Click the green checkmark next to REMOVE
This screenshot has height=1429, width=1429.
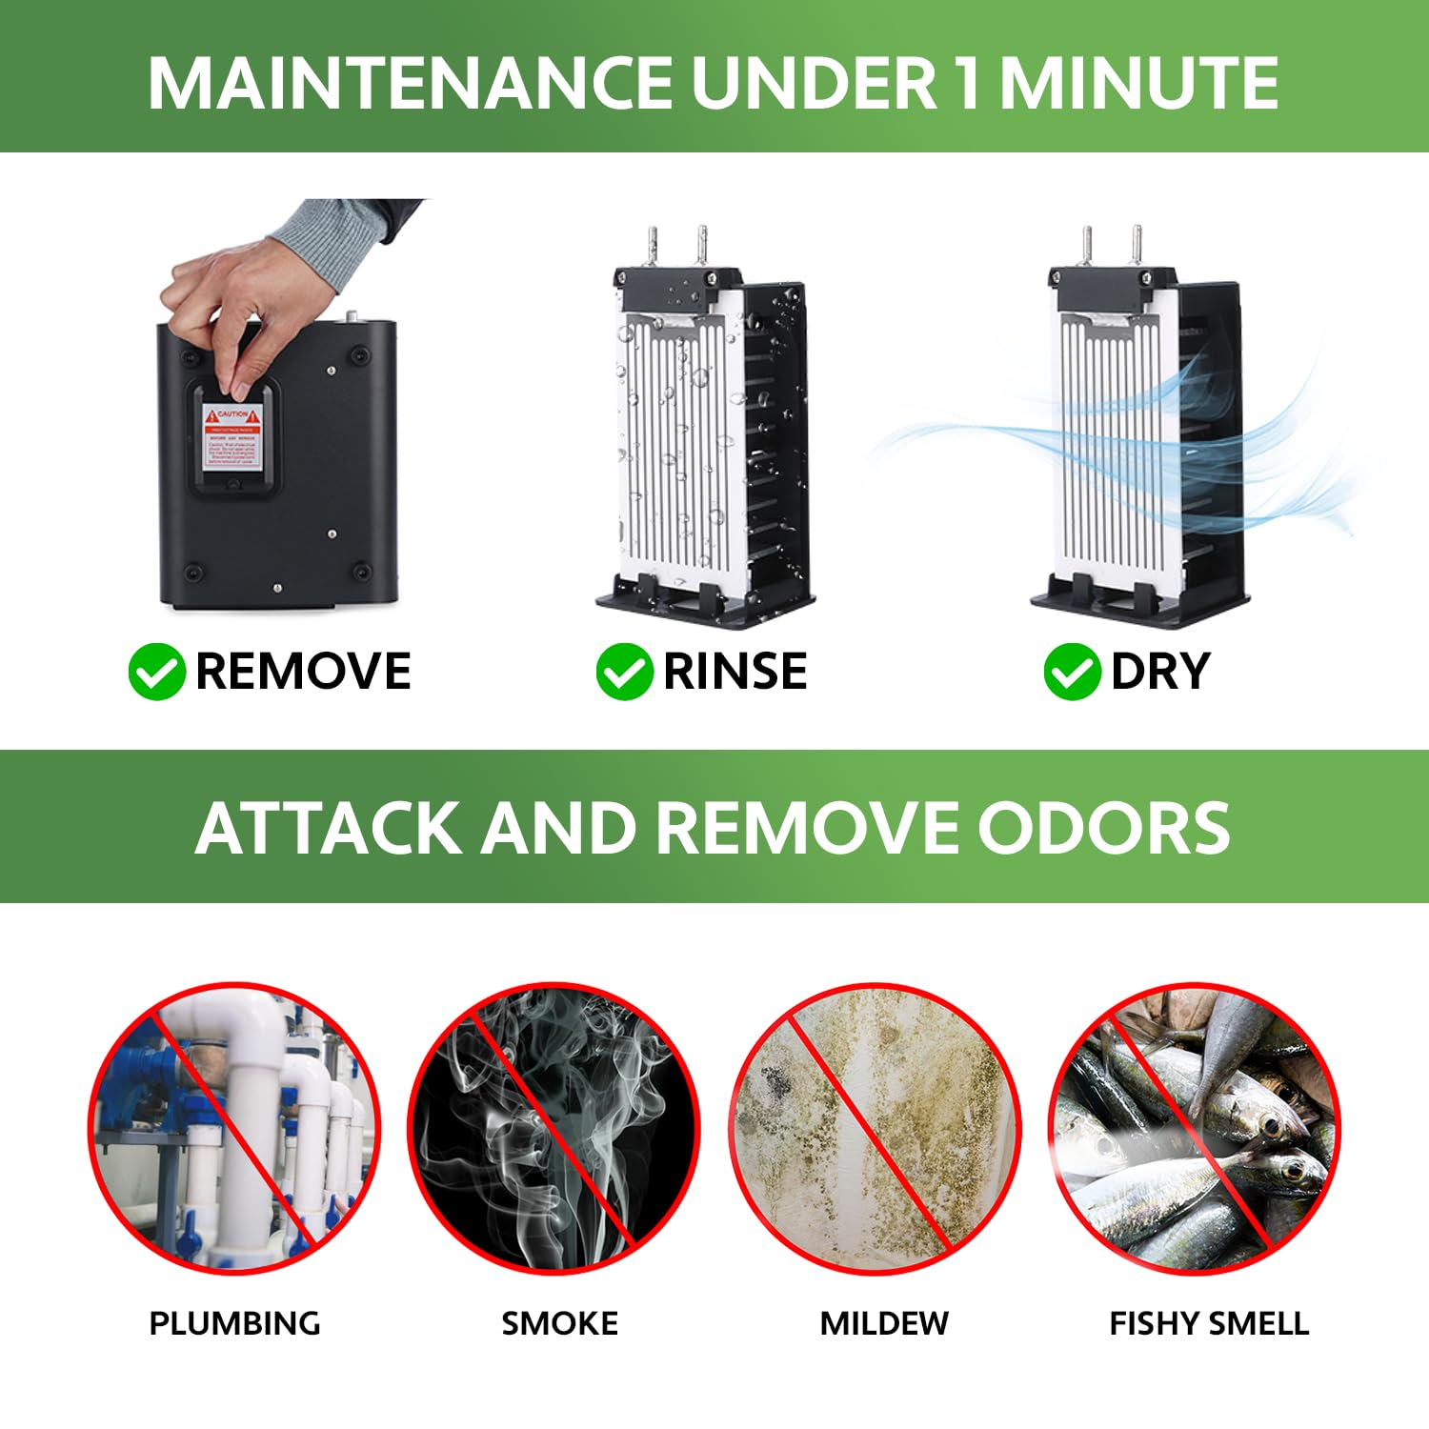coord(156,672)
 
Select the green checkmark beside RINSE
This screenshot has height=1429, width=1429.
coord(624,672)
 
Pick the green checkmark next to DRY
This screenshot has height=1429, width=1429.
coord(1072,672)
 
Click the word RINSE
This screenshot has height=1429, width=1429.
coord(735,672)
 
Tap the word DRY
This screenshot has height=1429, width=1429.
coord(1159,672)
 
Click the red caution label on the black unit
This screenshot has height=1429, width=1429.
coord(231,437)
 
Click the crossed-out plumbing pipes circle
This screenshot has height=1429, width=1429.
coord(234,1128)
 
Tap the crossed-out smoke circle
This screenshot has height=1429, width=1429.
coord(554,1128)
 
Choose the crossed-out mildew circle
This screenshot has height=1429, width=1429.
coord(876,1128)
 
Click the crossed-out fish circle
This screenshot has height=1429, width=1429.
coord(1195,1128)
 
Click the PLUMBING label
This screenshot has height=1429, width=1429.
coord(234,1323)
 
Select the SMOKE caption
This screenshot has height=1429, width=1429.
coord(559,1323)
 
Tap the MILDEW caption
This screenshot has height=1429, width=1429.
coord(884,1323)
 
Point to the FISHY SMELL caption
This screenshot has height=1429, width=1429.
coord(1208,1323)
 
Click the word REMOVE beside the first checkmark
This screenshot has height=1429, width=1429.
coord(303,672)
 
